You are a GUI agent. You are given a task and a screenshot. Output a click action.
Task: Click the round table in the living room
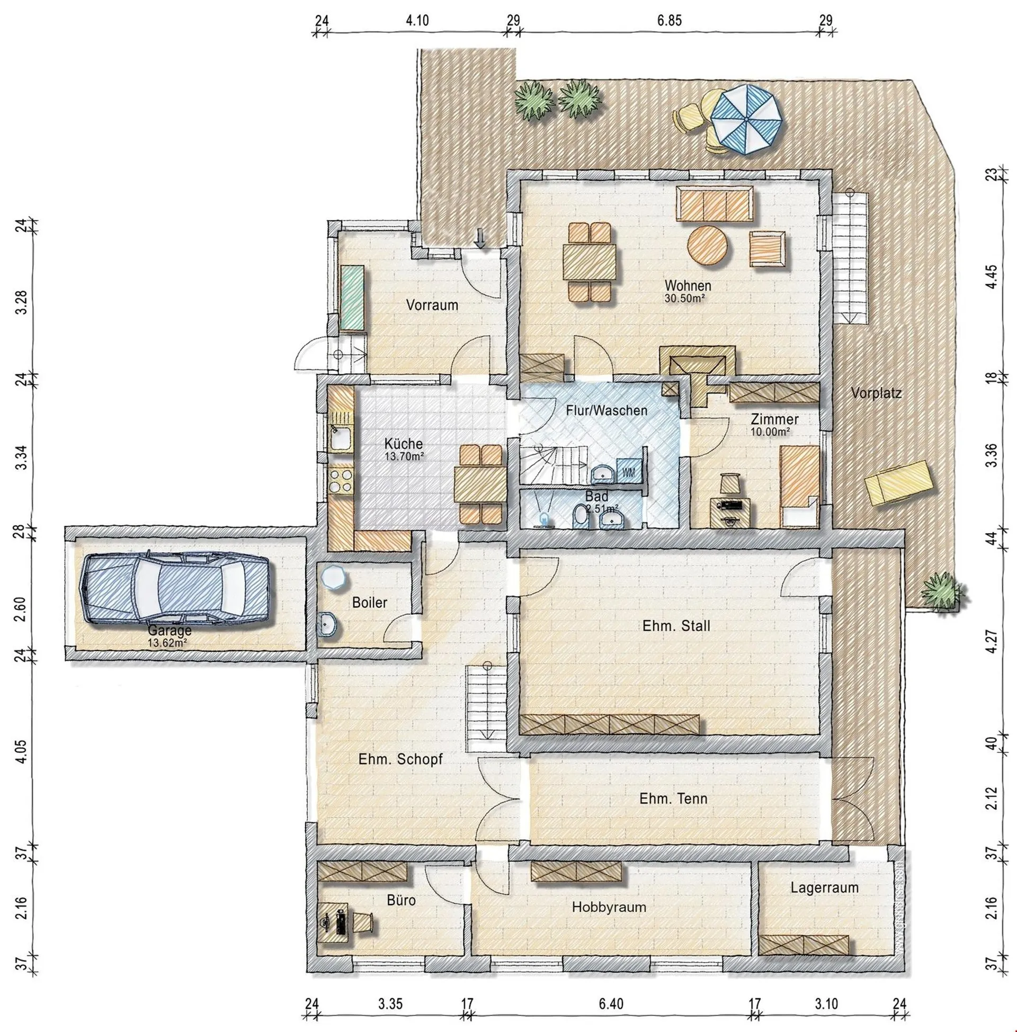(708, 245)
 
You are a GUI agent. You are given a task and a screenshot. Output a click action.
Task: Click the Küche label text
(403, 444)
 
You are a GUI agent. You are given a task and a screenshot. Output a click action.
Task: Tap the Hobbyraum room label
(609, 907)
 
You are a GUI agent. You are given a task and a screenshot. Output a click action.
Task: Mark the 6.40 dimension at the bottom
(611, 1004)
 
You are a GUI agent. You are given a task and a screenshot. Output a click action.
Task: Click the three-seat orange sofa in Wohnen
(715, 203)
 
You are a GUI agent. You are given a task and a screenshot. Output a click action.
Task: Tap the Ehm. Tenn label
(673, 798)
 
